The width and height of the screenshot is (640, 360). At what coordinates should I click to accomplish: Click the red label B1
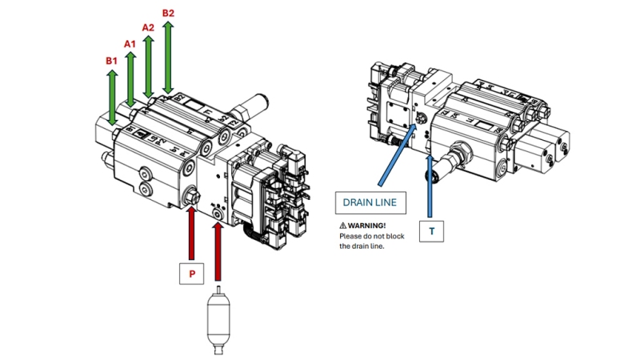point(111,60)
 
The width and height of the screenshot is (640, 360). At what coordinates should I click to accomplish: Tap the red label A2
point(148,27)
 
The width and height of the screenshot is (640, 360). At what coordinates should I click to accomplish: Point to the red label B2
point(168,13)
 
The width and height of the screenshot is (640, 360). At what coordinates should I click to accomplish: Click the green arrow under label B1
point(112,96)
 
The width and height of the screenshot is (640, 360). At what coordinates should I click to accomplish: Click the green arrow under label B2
point(168,56)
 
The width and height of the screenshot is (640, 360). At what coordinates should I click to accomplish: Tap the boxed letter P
point(191,274)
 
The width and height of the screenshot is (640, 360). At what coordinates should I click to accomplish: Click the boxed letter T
point(432,231)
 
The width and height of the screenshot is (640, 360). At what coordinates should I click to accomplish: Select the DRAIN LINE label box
point(370,203)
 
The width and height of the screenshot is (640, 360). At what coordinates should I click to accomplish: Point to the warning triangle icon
point(343,226)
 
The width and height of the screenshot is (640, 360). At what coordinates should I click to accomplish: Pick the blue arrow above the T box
point(432,184)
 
